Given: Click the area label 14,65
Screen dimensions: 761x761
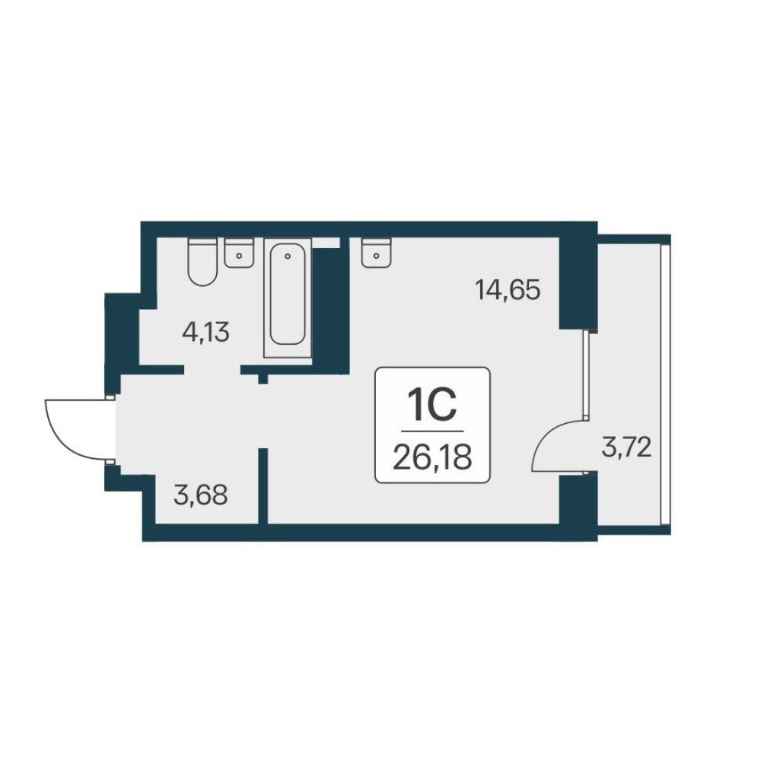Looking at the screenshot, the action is click(x=508, y=291).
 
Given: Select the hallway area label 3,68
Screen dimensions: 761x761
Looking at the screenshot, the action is click(x=200, y=496).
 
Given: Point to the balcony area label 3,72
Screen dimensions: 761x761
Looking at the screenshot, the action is click(x=626, y=448).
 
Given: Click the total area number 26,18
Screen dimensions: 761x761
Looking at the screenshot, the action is click(x=432, y=457).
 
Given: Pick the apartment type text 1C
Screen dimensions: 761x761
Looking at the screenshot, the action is click(x=432, y=406).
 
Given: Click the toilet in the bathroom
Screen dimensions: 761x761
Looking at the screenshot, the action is click(x=202, y=261).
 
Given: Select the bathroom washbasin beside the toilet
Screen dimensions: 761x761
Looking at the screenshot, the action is click(x=239, y=253).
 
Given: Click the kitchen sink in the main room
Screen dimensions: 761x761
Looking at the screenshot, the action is click(x=377, y=253).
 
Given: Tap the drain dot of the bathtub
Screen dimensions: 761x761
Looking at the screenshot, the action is click(x=288, y=256).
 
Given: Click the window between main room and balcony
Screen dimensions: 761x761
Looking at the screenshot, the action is click(x=586, y=374).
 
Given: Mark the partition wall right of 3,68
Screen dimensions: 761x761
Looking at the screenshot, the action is click(x=263, y=486).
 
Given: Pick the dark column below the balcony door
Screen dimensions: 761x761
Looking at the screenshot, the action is click(x=578, y=500).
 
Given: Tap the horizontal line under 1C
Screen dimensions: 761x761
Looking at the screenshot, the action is click(x=432, y=431).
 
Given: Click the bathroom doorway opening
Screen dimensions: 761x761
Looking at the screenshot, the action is click(x=212, y=370).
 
